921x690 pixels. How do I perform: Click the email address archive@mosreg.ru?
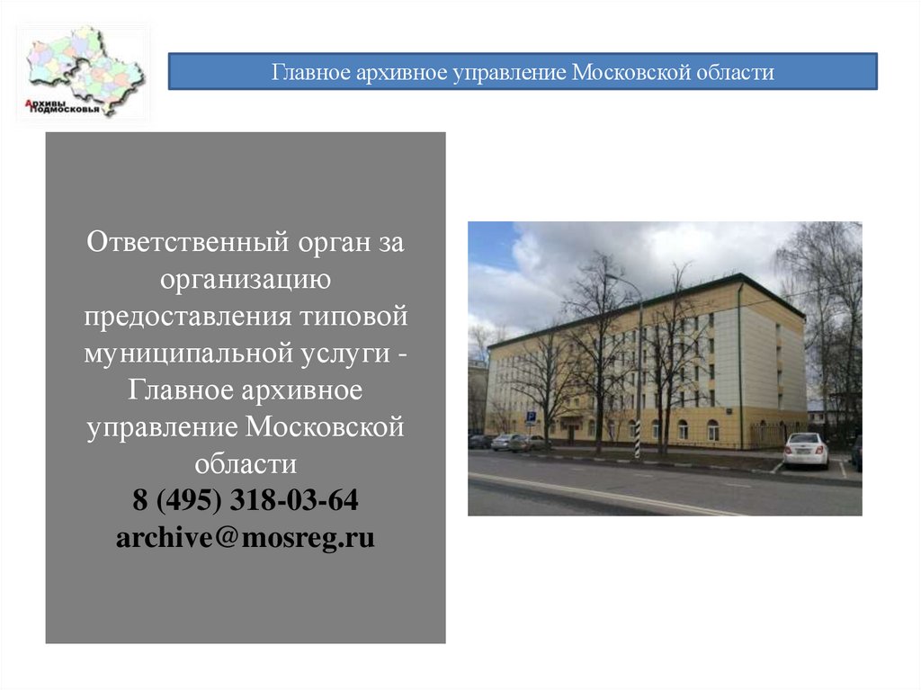(245, 538)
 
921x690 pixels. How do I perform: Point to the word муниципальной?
(185, 354)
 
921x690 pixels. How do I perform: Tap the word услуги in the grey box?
(341, 354)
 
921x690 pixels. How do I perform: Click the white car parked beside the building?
(805, 450)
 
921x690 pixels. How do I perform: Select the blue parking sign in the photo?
(531, 417)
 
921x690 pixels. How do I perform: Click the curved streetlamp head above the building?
(609, 277)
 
